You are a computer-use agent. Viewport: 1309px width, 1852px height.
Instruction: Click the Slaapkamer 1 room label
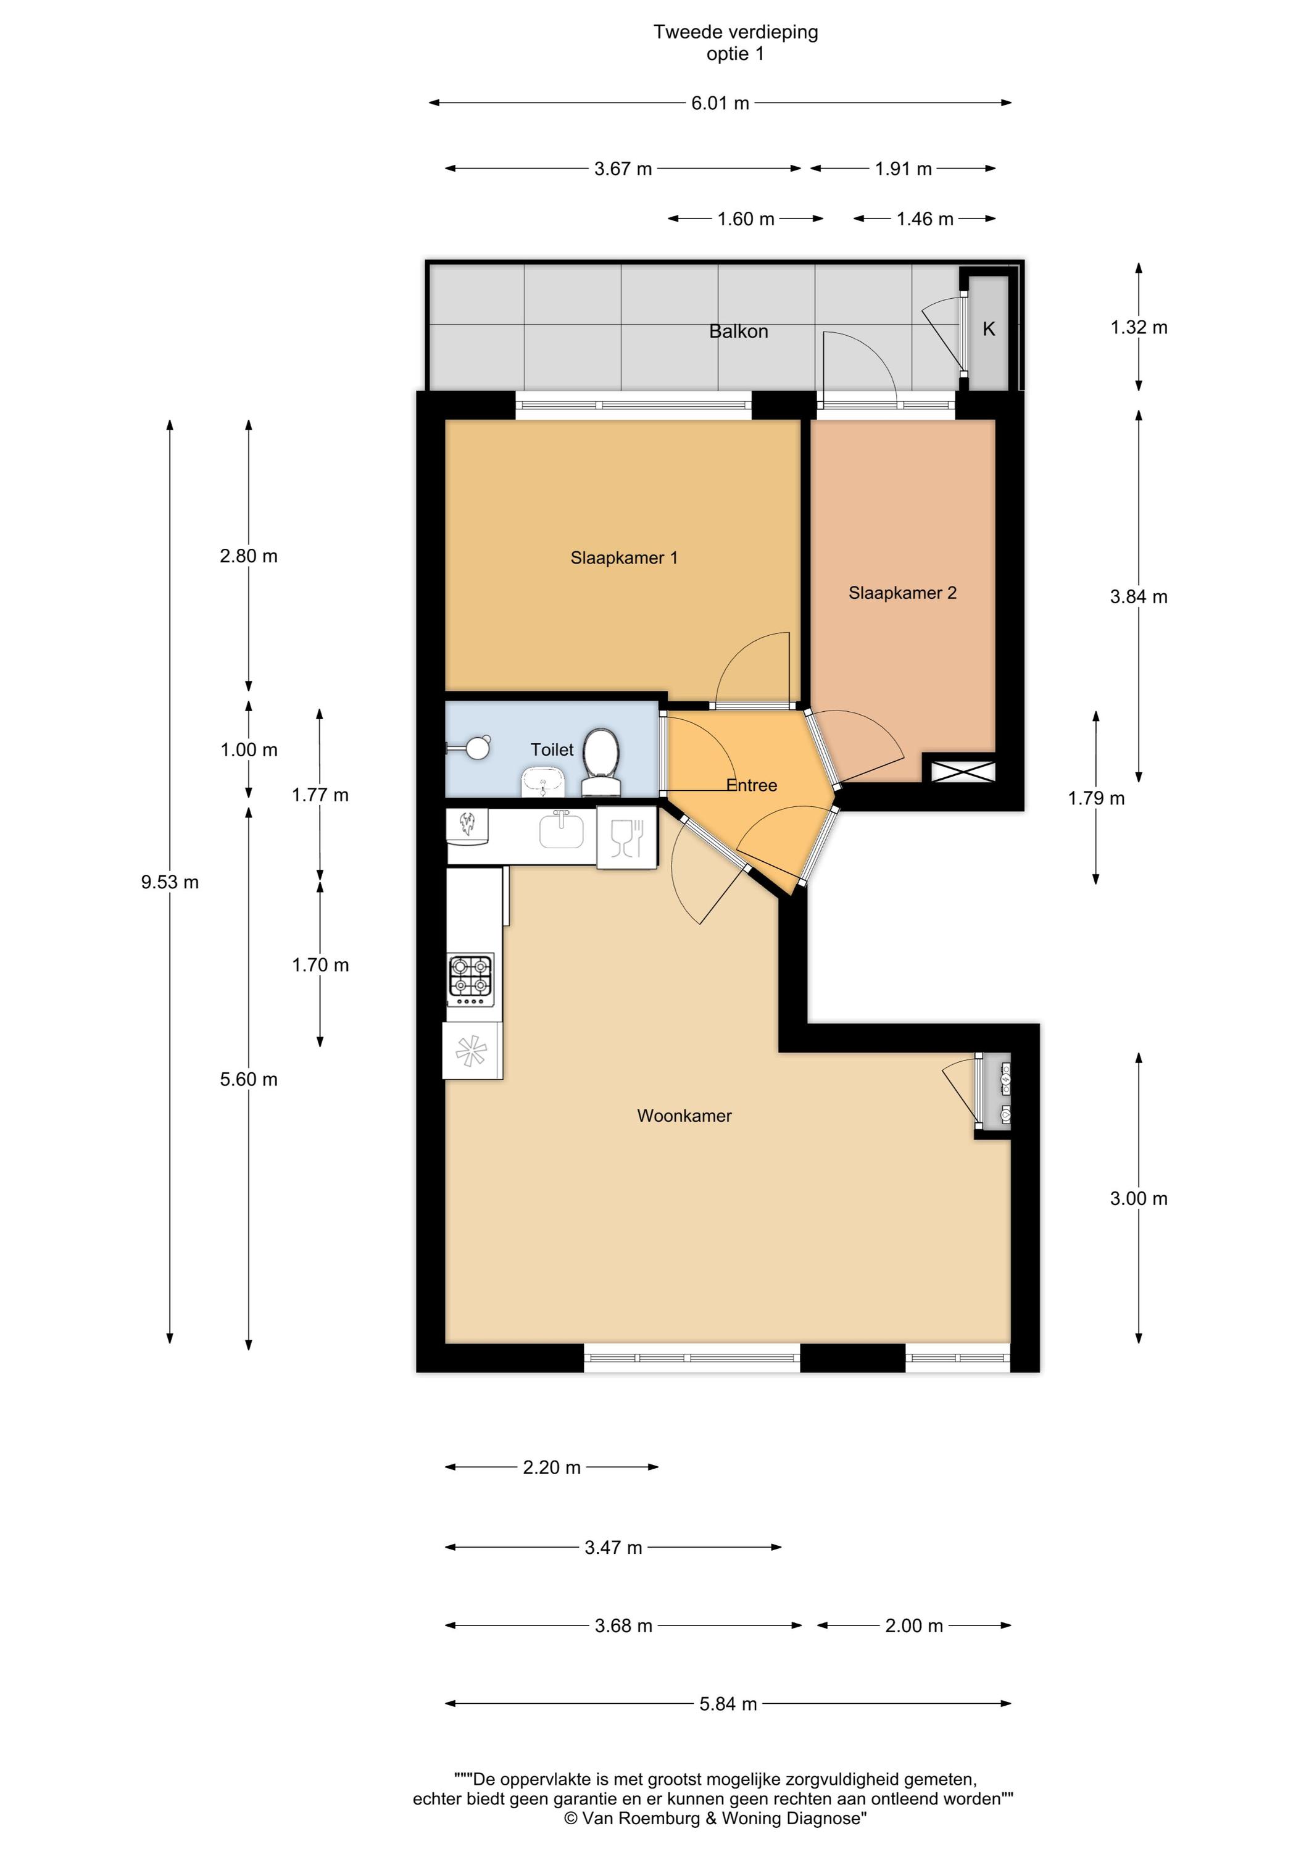[x=623, y=557]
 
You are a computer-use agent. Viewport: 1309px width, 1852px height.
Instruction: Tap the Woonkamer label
[x=684, y=1116]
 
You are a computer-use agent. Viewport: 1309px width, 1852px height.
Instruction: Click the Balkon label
[x=738, y=332]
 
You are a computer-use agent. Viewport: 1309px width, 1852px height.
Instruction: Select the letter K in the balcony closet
[x=989, y=329]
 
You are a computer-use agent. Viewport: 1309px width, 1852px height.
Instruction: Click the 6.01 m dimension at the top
[x=720, y=103]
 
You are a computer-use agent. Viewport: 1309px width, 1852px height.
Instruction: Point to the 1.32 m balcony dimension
[x=1138, y=327]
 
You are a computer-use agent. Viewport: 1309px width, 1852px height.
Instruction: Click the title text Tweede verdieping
[x=736, y=32]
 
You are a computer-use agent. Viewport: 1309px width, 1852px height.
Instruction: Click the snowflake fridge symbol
[x=472, y=1051]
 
